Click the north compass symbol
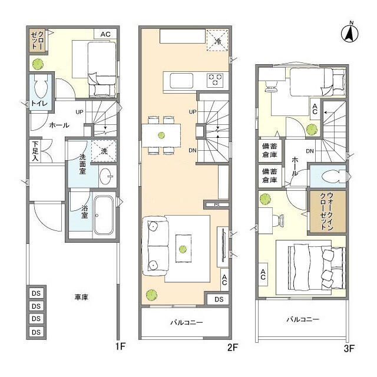[349, 33]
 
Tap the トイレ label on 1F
[39, 104]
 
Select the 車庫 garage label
[81, 297]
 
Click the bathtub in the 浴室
[104, 215]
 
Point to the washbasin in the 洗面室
[106, 176]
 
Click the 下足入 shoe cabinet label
[35, 151]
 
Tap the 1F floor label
[120, 346]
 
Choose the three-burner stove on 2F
[215, 80]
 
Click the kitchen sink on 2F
[181, 81]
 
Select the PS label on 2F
[217, 205]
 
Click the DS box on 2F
[219, 299]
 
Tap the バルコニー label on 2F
[187, 322]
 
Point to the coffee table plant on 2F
[183, 249]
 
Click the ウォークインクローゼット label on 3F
[327, 211]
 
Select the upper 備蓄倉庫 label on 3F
[270, 150]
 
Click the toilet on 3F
[333, 176]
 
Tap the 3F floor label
[349, 348]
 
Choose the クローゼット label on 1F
[38, 40]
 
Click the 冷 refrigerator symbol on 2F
[217, 40]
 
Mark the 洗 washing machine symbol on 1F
[104, 151]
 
